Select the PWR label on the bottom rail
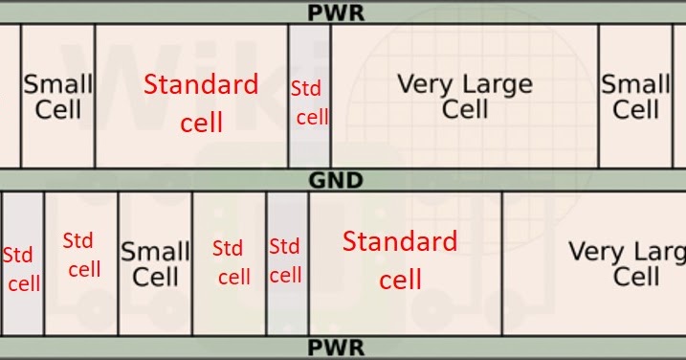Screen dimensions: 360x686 [x=335, y=347]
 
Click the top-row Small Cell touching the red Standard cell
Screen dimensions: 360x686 [x=58, y=96]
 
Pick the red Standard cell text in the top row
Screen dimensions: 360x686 [x=200, y=102]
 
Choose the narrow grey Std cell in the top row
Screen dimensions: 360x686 [x=310, y=101]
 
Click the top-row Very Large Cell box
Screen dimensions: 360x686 [x=464, y=96]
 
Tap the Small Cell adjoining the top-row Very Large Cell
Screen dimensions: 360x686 [x=635, y=96]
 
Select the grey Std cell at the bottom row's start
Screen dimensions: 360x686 [x=22, y=268]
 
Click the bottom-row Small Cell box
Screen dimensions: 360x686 [x=155, y=264]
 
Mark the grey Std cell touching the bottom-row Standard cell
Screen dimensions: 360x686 [x=286, y=260]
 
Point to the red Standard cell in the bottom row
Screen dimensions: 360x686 [x=400, y=259]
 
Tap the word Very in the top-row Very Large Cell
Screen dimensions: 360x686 [x=424, y=84]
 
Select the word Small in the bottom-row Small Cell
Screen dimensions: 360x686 [x=155, y=253]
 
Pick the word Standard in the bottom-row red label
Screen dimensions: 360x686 [x=400, y=241]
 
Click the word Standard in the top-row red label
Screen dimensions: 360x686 [x=201, y=84]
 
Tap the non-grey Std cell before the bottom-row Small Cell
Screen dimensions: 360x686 [x=82, y=255]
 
